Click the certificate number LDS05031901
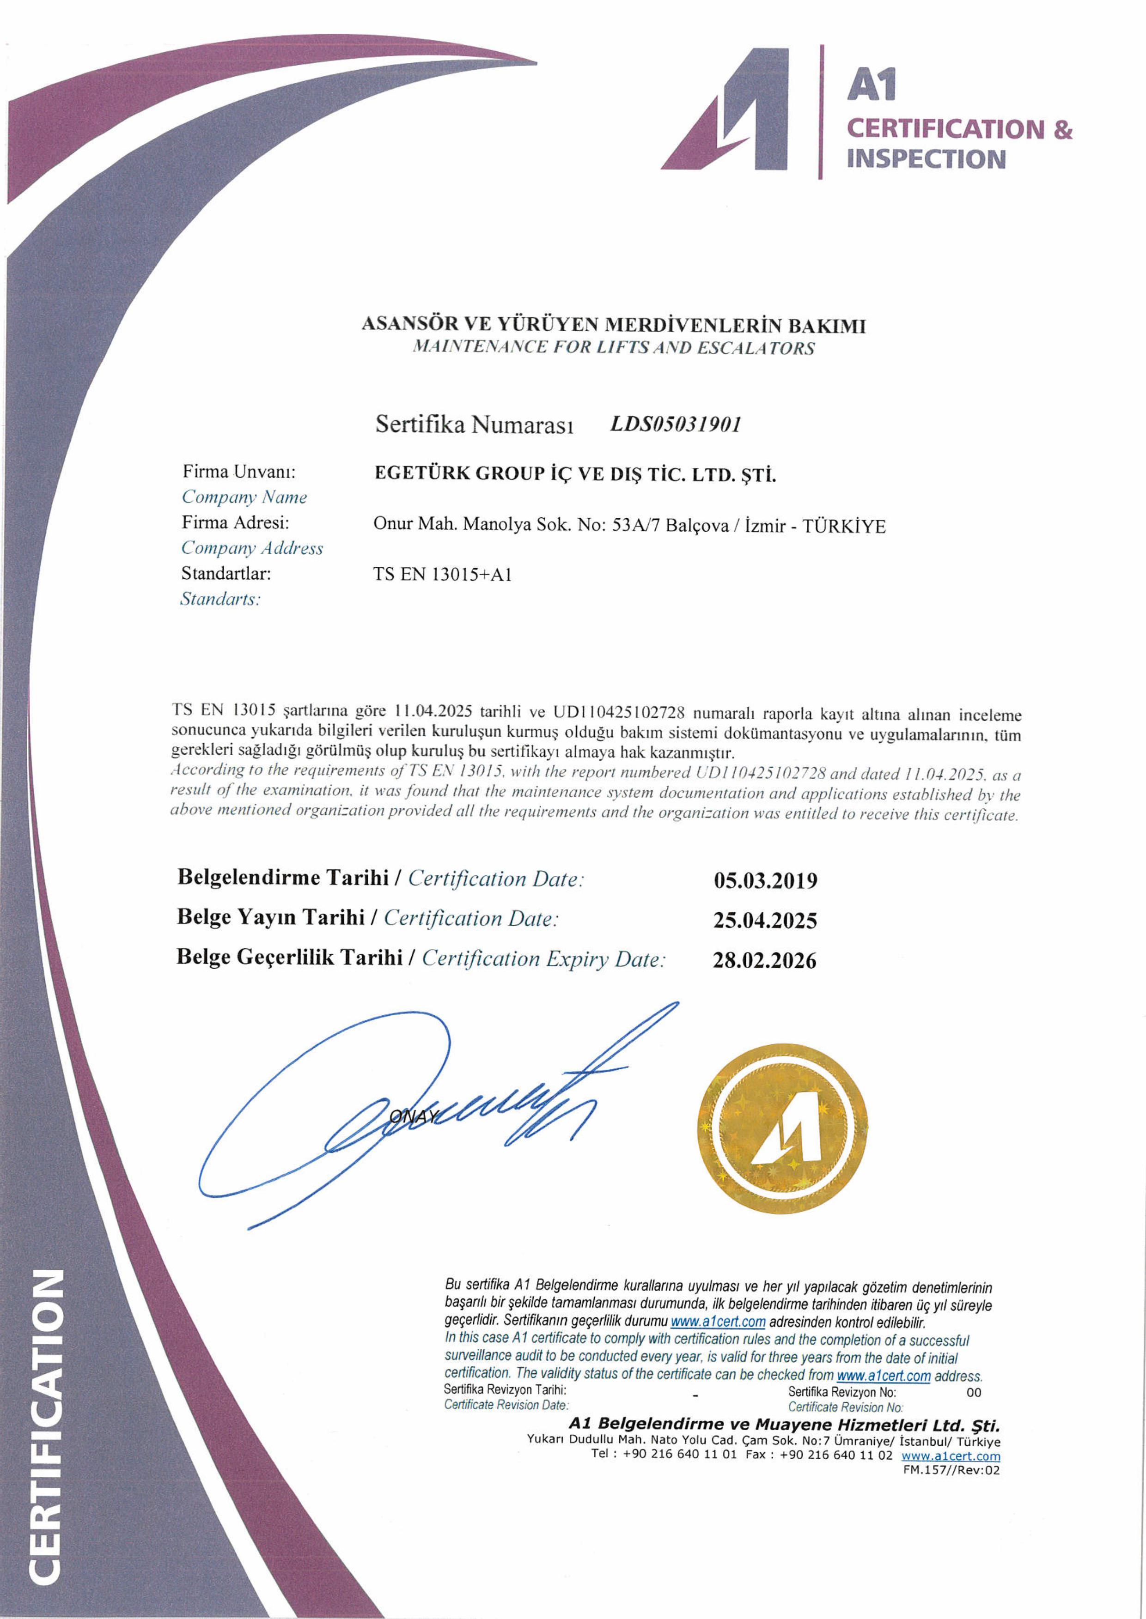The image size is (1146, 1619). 675,424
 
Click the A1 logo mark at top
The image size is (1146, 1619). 727,109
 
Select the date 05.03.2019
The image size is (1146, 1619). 765,880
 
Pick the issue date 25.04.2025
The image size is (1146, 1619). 765,921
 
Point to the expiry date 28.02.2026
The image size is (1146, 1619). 764,960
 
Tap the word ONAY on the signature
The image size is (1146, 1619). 414,1116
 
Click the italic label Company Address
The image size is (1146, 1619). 252,548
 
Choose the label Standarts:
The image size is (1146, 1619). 220,599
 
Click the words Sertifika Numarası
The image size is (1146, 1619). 474,424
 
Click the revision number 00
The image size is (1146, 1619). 974,1393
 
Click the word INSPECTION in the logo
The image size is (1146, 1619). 926,159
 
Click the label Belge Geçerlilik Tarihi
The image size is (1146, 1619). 289,957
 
